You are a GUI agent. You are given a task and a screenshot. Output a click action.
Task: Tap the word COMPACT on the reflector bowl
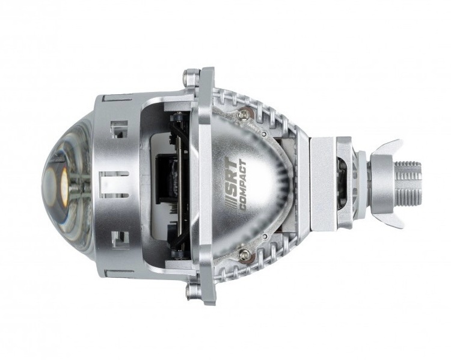(x=242, y=186)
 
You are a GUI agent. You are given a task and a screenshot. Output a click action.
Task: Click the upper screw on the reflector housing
(x=244, y=114)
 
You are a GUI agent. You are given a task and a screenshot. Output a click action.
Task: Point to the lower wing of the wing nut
(x=389, y=219)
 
